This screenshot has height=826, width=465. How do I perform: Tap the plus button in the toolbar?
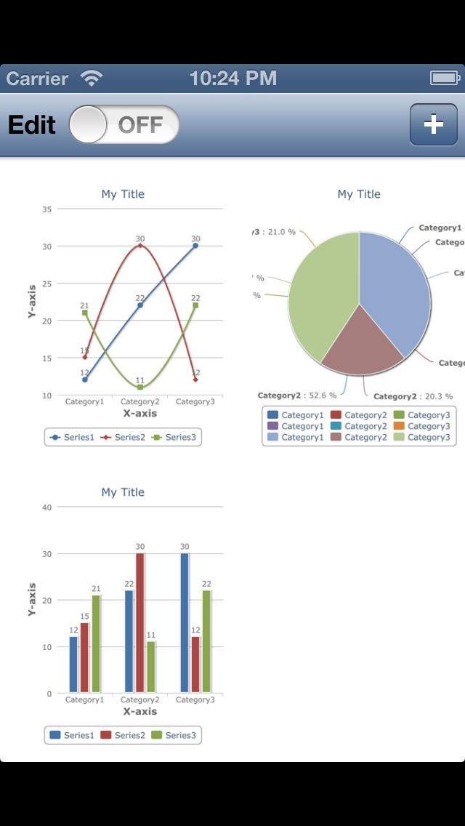click(433, 124)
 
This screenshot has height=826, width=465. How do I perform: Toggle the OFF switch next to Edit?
click(124, 124)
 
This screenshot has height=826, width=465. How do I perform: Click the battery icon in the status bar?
click(445, 78)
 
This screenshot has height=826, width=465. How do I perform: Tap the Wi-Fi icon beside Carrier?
click(92, 79)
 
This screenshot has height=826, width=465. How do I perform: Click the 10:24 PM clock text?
click(232, 79)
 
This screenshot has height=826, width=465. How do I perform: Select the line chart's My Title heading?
click(123, 194)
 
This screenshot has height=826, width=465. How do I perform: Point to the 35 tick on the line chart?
click(46, 209)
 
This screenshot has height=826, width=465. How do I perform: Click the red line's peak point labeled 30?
click(139, 245)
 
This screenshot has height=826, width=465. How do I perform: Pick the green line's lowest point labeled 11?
click(139, 387)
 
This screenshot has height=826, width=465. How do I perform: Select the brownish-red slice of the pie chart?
click(360, 342)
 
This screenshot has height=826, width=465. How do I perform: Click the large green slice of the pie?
click(320, 291)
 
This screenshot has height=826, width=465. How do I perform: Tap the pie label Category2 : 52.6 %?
click(297, 396)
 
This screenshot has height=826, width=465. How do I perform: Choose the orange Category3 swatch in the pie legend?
click(398, 426)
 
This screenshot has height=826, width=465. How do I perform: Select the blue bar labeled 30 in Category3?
click(185, 622)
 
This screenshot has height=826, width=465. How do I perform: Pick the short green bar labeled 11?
click(151, 666)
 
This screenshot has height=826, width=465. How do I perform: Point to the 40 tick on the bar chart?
click(46, 508)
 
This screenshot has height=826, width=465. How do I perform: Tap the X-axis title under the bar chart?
click(139, 711)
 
